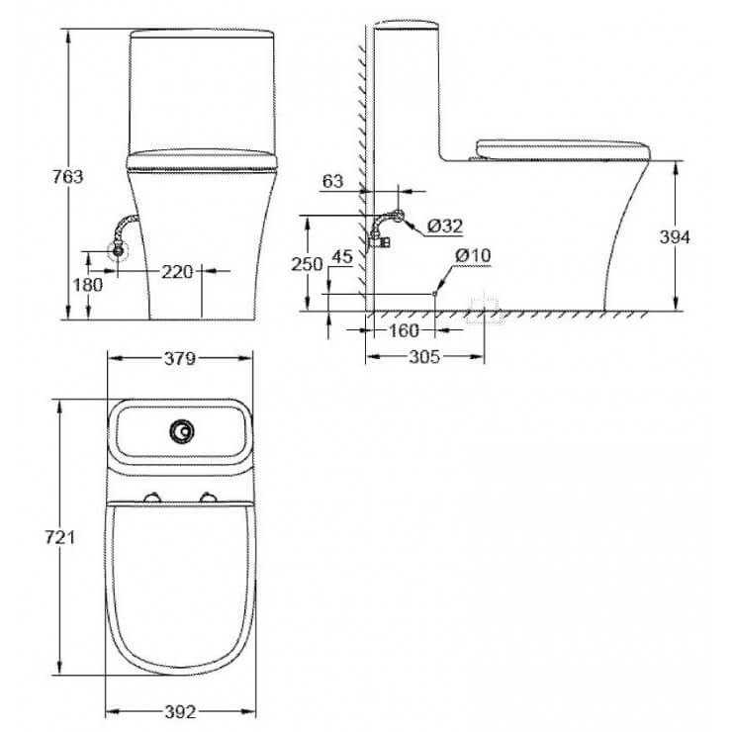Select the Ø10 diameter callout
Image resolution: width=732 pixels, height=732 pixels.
tap(473, 255)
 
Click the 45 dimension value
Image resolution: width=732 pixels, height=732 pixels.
tap(342, 257)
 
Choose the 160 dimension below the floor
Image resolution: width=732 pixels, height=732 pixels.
tap(403, 330)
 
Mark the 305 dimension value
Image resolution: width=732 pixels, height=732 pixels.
tap(423, 358)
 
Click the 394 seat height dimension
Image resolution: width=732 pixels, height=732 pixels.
tap(676, 236)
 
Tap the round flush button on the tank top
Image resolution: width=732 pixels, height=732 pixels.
tap(180, 430)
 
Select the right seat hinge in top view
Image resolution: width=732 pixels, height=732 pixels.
tap(209, 497)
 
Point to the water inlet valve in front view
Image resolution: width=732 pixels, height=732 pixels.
tap(118, 249)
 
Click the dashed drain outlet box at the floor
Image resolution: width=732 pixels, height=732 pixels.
tap(485, 310)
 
